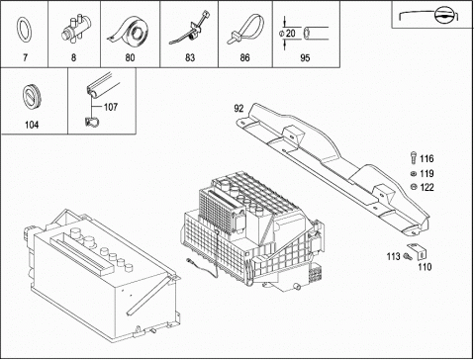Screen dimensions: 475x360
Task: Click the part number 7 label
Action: click(25, 57)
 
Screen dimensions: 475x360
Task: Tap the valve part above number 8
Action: click(76, 28)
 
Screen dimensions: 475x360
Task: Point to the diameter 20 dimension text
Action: click(287, 34)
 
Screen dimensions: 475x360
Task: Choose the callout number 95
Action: click(305, 58)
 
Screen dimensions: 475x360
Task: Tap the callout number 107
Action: click(111, 107)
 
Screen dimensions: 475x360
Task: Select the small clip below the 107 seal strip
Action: click(91, 122)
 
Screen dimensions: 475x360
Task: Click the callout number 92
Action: click(238, 109)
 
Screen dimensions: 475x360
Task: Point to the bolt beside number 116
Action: click(413, 157)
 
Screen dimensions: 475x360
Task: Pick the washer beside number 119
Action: click(413, 173)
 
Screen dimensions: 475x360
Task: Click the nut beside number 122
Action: click(413, 187)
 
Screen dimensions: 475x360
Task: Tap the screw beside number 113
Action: click(408, 256)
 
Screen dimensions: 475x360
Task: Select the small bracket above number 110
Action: click(418, 251)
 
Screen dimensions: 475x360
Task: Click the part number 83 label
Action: click(190, 58)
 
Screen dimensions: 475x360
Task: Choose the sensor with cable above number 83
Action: click(190, 28)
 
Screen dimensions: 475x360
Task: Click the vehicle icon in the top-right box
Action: click(428, 16)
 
